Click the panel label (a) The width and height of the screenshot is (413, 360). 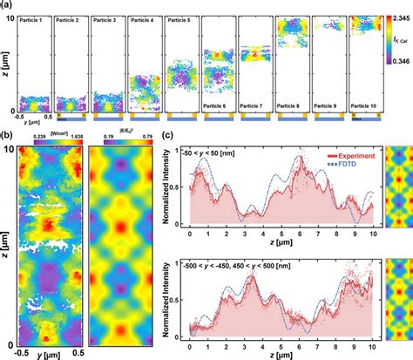click(8, 5)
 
